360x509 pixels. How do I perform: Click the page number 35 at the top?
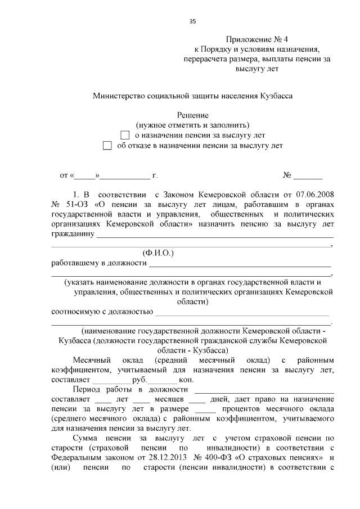tap(192, 21)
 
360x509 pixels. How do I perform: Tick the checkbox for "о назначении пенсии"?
tap(125, 135)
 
